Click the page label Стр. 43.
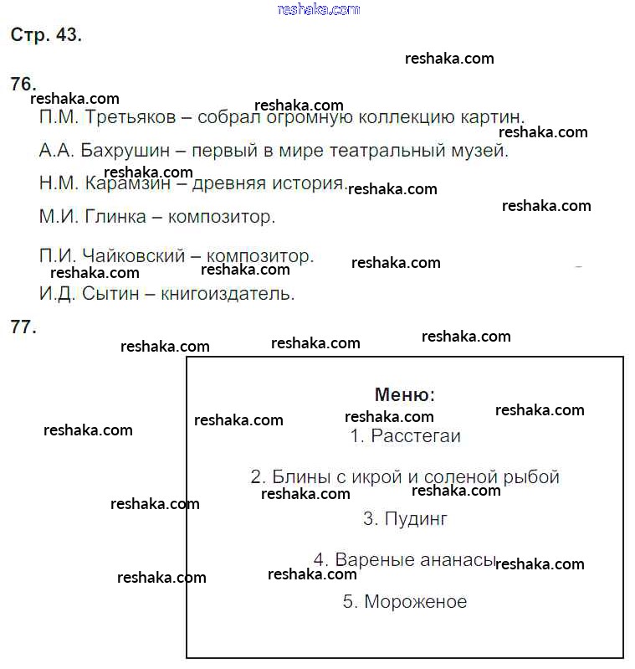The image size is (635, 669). click(46, 35)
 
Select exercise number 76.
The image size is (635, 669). click(23, 84)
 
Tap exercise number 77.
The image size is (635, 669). click(23, 327)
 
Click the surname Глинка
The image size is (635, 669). click(113, 218)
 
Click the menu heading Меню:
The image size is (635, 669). click(405, 395)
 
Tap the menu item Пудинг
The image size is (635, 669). click(416, 519)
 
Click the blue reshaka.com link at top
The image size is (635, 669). click(318, 9)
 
